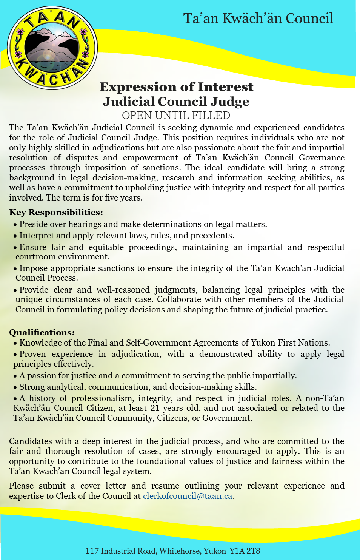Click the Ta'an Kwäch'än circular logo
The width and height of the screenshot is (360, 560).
[x=52, y=48]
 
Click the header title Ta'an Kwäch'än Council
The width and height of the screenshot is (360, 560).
[x=258, y=18]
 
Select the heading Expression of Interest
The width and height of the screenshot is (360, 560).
[x=176, y=87]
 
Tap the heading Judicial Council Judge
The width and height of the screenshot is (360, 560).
[x=176, y=102]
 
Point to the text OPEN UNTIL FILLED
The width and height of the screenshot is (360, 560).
[x=176, y=115]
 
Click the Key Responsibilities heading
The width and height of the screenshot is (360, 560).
[x=56, y=212]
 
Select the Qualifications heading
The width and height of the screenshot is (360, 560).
[x=42, y=332]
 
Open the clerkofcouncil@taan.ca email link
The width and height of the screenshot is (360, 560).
[x=188, y=496]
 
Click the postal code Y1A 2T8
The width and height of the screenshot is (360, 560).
[x=245, y=551]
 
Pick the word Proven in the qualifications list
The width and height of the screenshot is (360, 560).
[x=32, y=354]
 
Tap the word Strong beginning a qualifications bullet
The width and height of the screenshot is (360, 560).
[x=32, y=387]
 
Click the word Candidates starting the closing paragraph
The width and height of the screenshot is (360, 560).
[x=31, y=441]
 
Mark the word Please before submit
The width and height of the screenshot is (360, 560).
[x=21, y=486]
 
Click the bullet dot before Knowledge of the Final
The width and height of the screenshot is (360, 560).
[x=15, y=343]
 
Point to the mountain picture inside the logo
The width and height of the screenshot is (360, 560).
[x=52, y=47]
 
